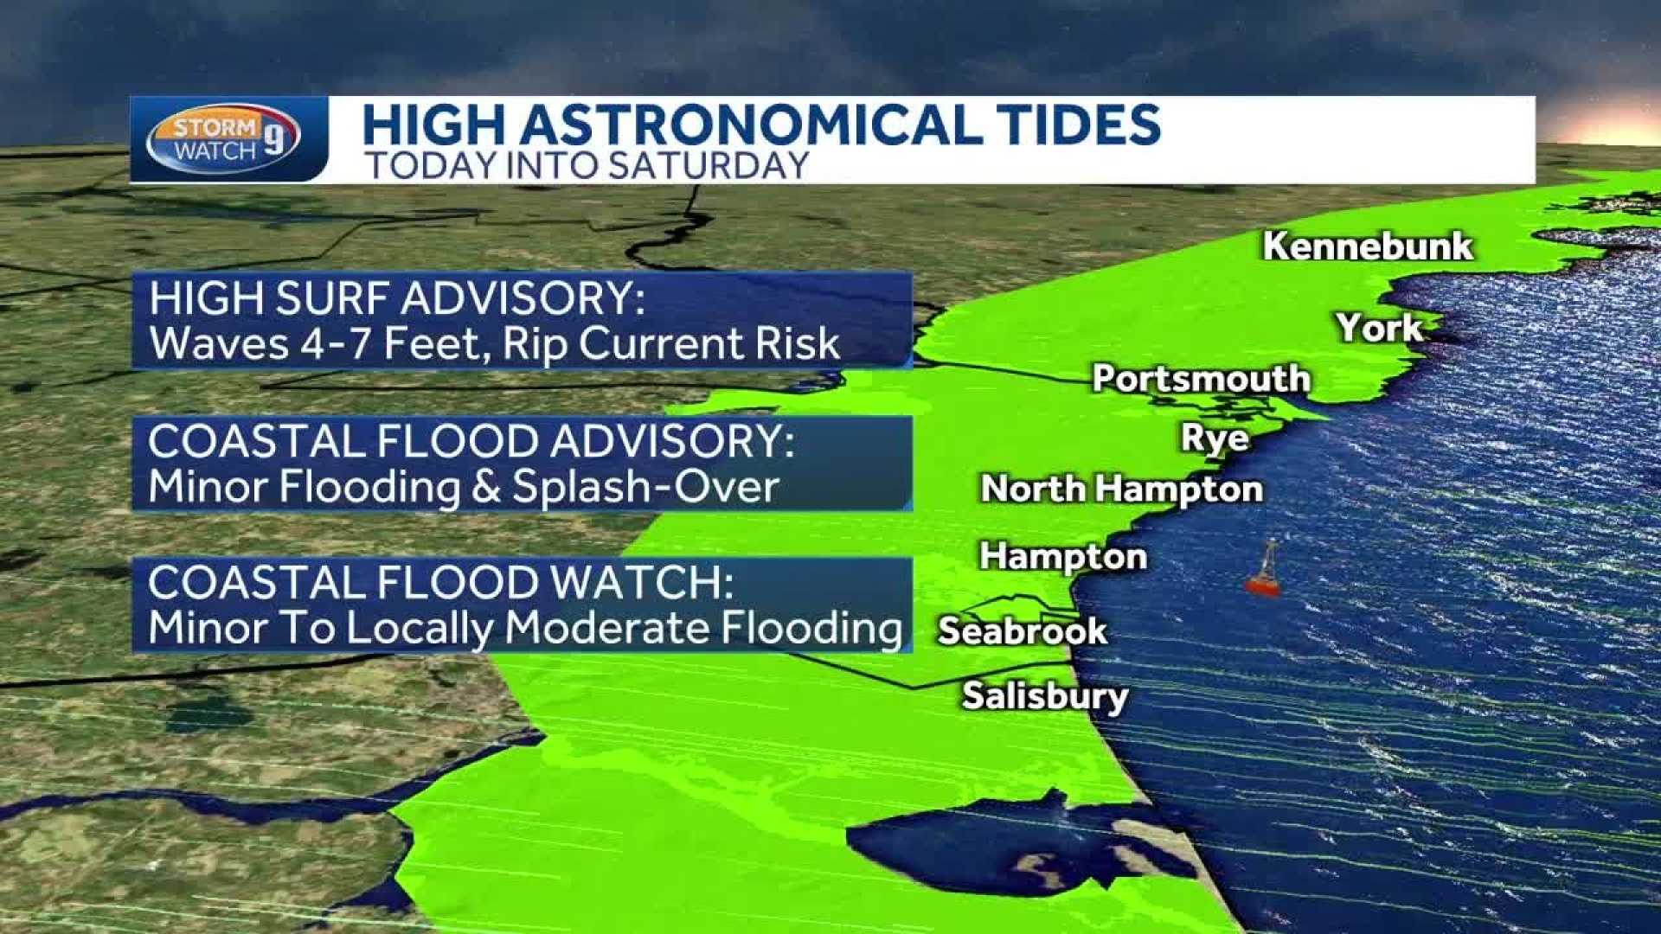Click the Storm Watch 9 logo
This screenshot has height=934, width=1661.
pos(223,139)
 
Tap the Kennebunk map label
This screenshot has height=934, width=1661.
pos(1367,246)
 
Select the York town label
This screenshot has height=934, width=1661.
pos(1379,328)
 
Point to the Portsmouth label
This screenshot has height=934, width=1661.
pos(1201,379)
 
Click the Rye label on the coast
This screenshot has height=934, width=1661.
pos(1215,438)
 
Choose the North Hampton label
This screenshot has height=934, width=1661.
pos(1121,489)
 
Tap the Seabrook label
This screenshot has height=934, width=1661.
pos(1022,631)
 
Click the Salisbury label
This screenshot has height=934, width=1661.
pos(1045,696)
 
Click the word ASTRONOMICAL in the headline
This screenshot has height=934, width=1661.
pos(748,125)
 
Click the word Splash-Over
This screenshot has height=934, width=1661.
pos(645,487)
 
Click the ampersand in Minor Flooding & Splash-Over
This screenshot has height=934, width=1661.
pos(486,487)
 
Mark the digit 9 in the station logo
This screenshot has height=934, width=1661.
pos(274,138)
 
